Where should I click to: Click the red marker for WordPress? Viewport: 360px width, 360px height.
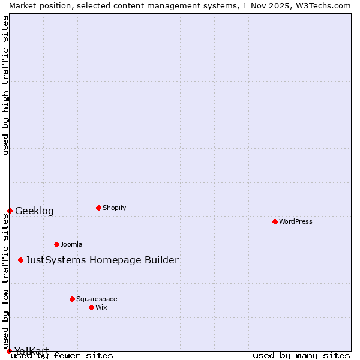tap(275, 221)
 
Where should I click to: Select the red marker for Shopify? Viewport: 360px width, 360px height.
tap(98, 208)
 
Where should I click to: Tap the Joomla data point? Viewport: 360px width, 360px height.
tap(56, 244)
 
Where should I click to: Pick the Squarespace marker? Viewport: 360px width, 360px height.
tap(72, 299)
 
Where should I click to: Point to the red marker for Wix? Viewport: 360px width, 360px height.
tap(91, 307)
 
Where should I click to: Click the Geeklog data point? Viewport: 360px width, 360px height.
tap(10, 211)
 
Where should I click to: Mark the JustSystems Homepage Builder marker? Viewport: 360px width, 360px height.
tap(20, 260)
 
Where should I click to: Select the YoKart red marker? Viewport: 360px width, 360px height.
tap(9, 351)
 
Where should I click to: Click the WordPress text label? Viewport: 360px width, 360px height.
tap(296, 221)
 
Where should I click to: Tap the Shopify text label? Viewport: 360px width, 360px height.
tap(114, 208)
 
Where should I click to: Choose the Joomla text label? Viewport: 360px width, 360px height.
tap(71, 244)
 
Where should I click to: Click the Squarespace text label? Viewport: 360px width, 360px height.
tap(97, 299)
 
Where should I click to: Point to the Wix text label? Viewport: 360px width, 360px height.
tap(101, 307)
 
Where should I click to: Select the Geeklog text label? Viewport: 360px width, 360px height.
tap(34, 211)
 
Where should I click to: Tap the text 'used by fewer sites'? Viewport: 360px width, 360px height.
tap(62, 355)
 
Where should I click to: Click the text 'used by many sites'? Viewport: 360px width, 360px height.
tap(301, 355)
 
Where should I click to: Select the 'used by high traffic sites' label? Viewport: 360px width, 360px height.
tap(5, 85)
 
